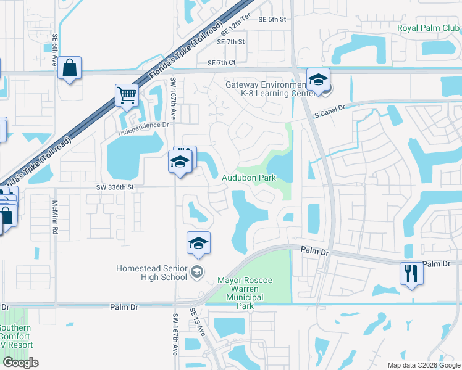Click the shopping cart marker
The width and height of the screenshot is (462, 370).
pos(127,96)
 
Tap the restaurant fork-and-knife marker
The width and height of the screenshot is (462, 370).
pos(411,273)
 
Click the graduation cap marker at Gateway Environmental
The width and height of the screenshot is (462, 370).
pos(318,80)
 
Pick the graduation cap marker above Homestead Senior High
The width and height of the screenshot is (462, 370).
pos(198,243)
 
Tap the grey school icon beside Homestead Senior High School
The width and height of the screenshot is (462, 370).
pos(196,272)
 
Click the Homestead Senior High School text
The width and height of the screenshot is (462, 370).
pos(151,272)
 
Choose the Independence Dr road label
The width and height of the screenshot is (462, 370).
pos(145,125)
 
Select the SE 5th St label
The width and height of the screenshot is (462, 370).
pos(273,19)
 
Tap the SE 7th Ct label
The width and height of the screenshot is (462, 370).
pos(222,63)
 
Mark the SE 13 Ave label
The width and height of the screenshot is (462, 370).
pos(198,323)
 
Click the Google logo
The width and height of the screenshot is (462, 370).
pos(20,363)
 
